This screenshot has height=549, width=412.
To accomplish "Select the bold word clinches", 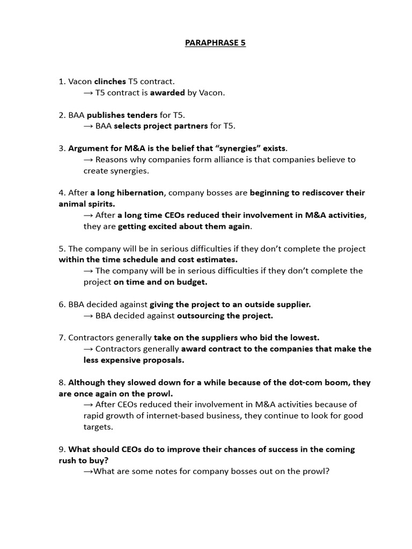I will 110,81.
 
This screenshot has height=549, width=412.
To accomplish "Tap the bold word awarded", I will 167,93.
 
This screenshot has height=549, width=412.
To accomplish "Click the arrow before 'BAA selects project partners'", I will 89,126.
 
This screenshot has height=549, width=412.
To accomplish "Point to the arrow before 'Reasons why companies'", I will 89,159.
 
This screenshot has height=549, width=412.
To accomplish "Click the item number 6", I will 62,304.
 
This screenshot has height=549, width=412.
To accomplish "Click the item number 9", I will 62,449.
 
